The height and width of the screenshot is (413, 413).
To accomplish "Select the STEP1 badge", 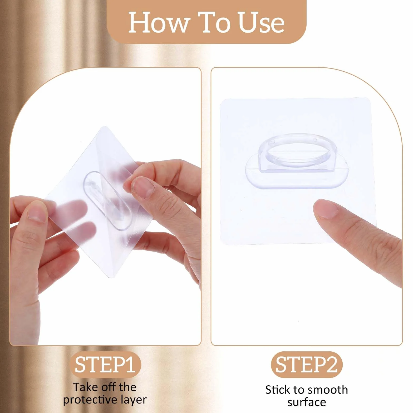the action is click(x=105, y=365).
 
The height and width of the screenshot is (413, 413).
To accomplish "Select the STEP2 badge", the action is click(x=306, y=365).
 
